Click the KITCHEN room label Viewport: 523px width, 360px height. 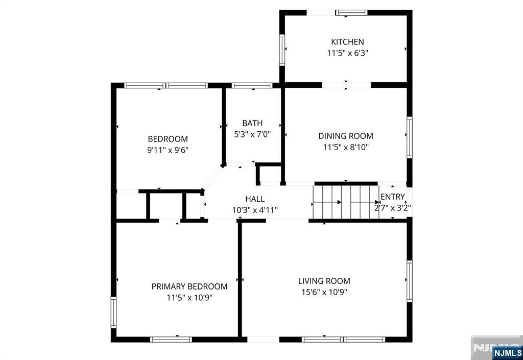pyautogui.click(x=347, y=42)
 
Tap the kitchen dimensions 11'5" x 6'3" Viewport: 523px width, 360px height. pyautogui.click(x=347, y=53)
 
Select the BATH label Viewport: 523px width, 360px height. pyautogui.click(x=252, y=124)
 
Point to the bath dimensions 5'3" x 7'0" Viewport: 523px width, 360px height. pyautogui.click(x=252, y=134)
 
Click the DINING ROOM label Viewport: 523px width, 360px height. pyautogui.click(x=346, y=136)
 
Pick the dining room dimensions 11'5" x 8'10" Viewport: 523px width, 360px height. pyautogui.click(x=346, y=147)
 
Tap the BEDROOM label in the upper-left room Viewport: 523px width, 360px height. pyautogui.click(x=168, y=139)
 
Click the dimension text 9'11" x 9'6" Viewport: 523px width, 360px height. pyautogui.click(x=168, y=150)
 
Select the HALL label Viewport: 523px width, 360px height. pyautogui.click(x=255, y=199)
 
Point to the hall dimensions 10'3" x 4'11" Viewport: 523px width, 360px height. pyautogui.click(x=255, y=210)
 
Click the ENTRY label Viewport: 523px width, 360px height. pyautogui.click(x=393, y=197)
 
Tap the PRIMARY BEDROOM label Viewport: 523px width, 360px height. pyautogui.click(x=189, y=286)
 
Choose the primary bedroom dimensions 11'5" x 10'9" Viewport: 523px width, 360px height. pyautogui.click(x=189, y=298)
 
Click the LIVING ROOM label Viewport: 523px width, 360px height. pyautogui.click(x=324, y=281)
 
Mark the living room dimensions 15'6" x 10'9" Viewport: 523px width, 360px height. pyautogui.click(x=324, y=292)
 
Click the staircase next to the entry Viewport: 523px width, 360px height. pyautogui.click(x=346, y=202)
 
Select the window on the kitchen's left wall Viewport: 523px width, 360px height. pyautogui.click(x=282, y=50)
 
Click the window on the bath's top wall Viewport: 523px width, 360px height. pyautogui.click(x=252, y=85)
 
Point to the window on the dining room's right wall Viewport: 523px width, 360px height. pyautogui.click(x=410, y=137)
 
